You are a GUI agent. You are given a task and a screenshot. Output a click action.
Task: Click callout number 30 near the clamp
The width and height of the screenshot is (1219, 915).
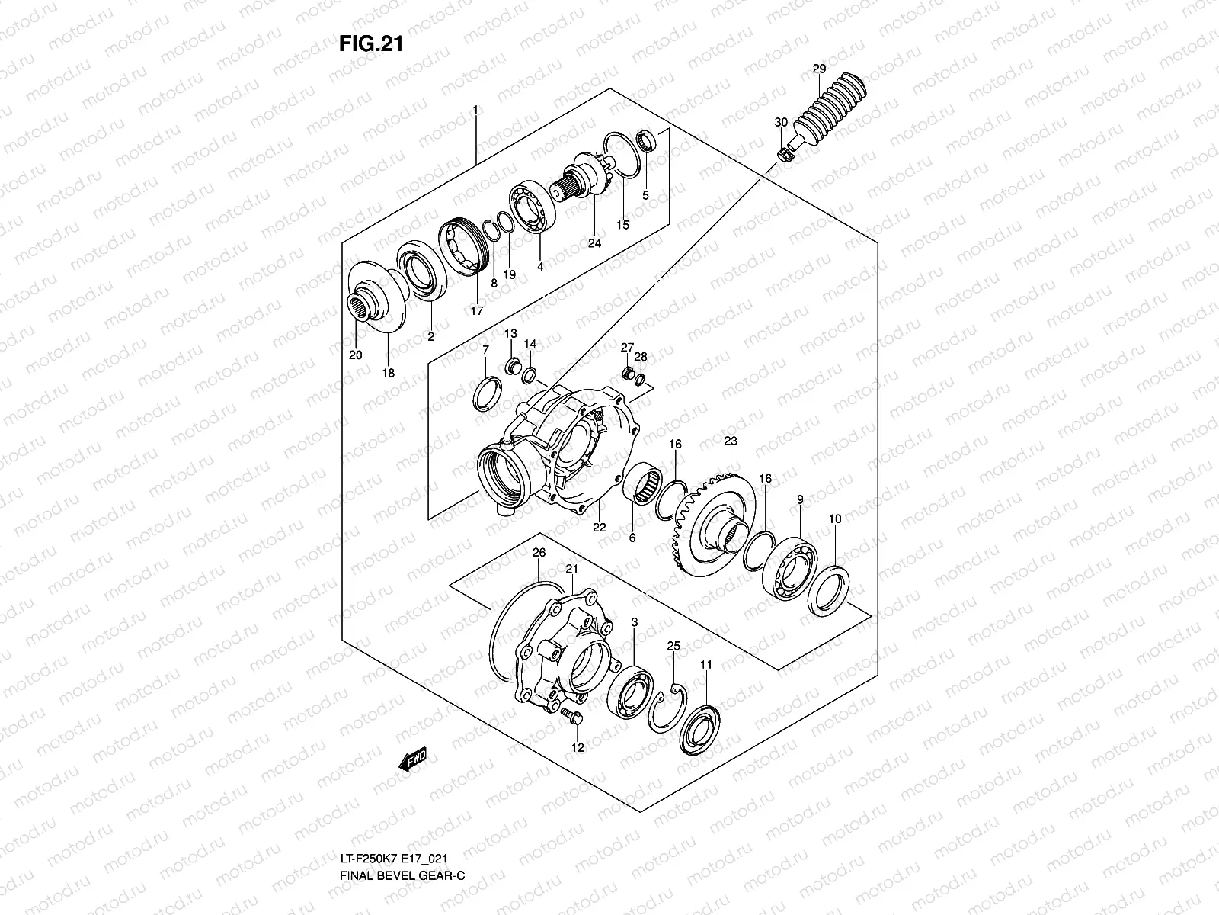781,123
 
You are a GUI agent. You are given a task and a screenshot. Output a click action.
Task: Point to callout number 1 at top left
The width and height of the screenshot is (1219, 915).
475,110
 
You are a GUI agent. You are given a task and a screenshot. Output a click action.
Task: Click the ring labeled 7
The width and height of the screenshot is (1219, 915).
486,394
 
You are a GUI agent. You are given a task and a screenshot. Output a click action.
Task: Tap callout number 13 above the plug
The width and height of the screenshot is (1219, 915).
510,334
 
